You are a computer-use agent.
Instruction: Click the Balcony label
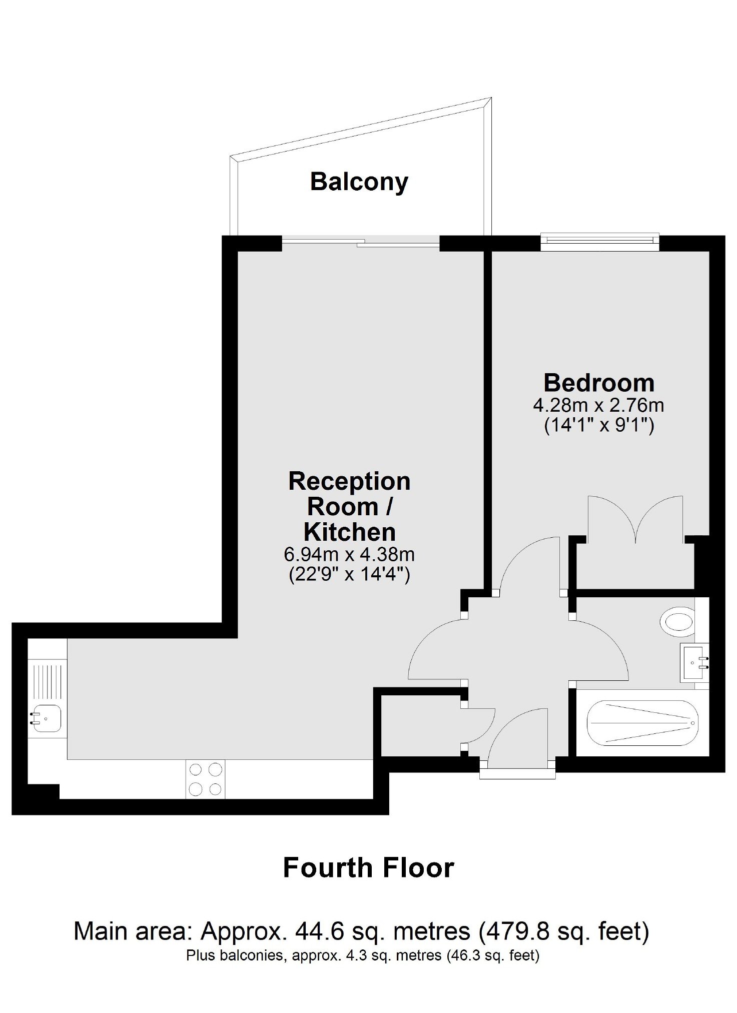pos(359,182)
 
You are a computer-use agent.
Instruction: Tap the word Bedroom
pos(599,383)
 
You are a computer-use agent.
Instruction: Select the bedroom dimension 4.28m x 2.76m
pos(598,405)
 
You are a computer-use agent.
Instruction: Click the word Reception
pos(349,482)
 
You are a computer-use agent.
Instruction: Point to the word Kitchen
pos(349,532)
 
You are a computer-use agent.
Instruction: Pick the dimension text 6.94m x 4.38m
pos(349,554)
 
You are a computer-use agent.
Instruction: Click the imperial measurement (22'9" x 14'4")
pos(349,574)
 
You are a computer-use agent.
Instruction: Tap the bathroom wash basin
pos(694,662)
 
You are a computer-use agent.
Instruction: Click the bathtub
pos(642,723)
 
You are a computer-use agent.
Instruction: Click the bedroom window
pos(600,242)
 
